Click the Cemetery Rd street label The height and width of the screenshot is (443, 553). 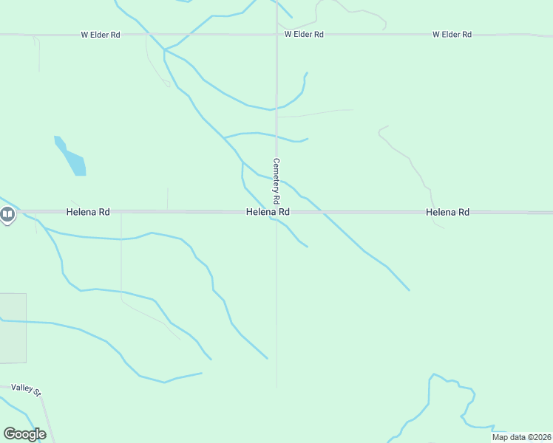coord(276,181)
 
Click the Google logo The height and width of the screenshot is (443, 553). coord(24,433)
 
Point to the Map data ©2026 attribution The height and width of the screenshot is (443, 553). coord(520,437)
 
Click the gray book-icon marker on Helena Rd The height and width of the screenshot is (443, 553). coord(7,215)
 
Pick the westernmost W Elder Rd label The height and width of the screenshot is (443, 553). coord(101,35)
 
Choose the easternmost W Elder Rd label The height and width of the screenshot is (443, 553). coord(452,35)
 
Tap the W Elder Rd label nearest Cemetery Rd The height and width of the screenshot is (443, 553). coord(304,35)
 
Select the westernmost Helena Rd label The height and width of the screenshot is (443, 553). coord(88,212)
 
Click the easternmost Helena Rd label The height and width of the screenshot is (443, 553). coord(448,212)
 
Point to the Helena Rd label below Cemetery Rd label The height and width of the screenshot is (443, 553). coord(268,212)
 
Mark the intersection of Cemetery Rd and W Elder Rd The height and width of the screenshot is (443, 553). coord(276,35)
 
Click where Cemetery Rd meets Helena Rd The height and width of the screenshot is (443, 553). coord(277,212)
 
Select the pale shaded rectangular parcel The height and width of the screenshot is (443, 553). coord(13,328)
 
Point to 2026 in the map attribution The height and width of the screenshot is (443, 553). coord(541,437)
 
